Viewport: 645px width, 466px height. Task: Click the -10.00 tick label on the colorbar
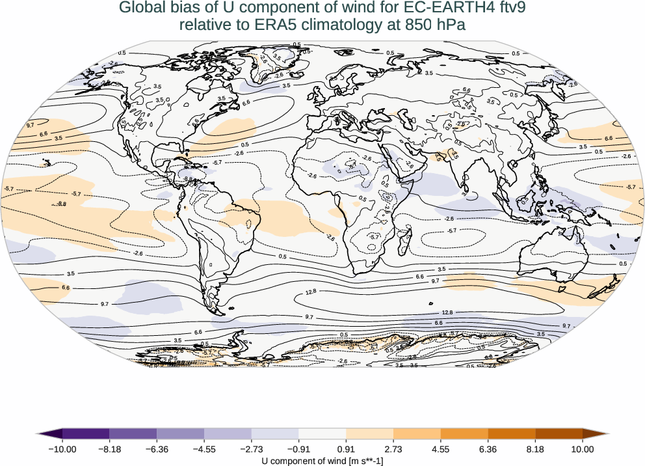tap(62, 448)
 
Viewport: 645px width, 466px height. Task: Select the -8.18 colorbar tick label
tap(109, 448)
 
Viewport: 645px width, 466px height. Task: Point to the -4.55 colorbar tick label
tap(204, 448)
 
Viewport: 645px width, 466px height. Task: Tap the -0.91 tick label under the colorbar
tap(298, 448)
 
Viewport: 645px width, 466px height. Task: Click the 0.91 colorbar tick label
tap(346, 448)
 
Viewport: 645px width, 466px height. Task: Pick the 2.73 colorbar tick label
tap(393, 448)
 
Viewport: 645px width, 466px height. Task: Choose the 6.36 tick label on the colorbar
tap(488, 448)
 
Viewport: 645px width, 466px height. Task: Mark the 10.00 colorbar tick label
tap(583, 448)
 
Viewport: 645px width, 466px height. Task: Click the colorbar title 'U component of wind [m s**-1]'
tap(322, 460)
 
